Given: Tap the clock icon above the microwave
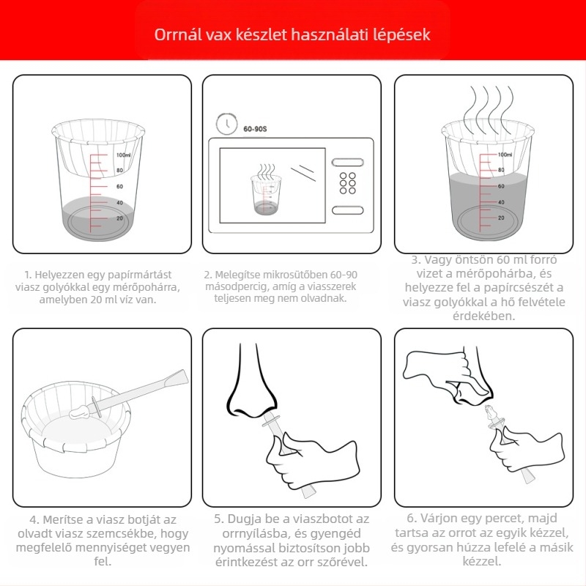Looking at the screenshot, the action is (226, 123).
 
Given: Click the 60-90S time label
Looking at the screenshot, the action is (255, 129).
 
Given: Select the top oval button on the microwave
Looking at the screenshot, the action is (347, 162).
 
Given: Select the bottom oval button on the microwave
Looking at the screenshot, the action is (347, 210).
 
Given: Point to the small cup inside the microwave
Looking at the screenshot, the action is (266, 194).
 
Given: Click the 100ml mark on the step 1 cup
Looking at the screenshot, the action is (123, 155).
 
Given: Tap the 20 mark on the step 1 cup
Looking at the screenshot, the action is (119, 218).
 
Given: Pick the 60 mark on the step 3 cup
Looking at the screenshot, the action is (501, 186).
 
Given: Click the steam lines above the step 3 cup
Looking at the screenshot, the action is (488, 109).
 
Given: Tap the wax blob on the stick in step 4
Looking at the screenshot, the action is (79, 411).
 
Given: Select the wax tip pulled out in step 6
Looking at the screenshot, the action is (489, 412).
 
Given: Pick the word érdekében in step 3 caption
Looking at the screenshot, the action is (483, 316).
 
